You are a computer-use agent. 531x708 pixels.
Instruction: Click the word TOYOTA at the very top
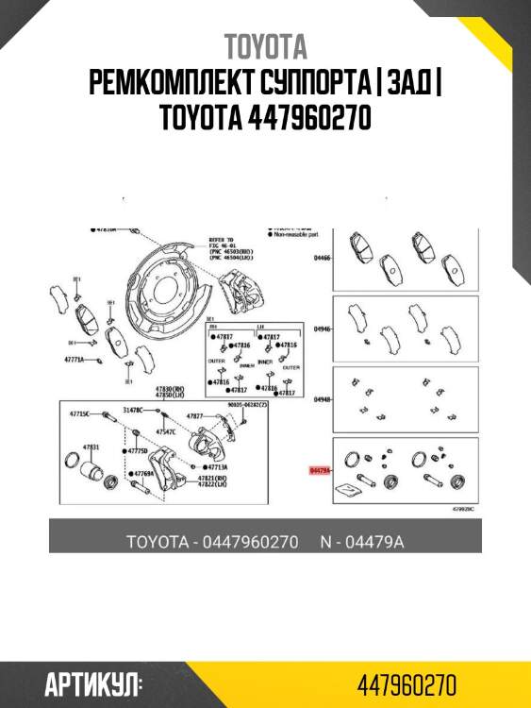(x=265, y=46)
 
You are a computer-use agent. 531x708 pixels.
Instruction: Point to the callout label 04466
(x=323, y=256)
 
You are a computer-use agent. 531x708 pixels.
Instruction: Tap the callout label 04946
(x=323, y=329)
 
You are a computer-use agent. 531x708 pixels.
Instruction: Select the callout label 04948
(x=323, y=400)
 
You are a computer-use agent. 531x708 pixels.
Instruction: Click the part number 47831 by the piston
(x=91, y=446)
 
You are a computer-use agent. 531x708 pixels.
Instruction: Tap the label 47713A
(x=217, y=466)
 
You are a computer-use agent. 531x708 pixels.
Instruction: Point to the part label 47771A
(x=75, y=360)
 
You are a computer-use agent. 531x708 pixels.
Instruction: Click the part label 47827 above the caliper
(x=195, y=415)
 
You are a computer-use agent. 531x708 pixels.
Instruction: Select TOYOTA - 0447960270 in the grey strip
(x=212, y=542)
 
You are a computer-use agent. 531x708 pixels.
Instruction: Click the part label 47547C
(x=165, y=430)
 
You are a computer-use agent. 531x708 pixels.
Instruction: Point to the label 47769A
(x=143, y=474)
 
